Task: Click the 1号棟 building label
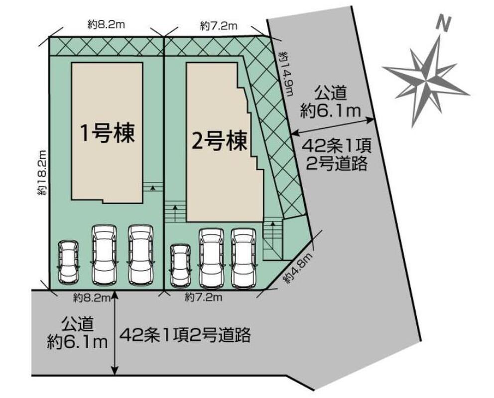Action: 108,133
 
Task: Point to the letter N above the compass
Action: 441,22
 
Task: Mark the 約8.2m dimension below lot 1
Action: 91,298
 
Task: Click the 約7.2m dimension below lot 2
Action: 203,298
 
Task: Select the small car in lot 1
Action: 68,262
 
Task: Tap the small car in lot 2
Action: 179,265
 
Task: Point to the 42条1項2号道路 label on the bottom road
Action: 184,334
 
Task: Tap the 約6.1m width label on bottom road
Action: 78,341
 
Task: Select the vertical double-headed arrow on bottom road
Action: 115,333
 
